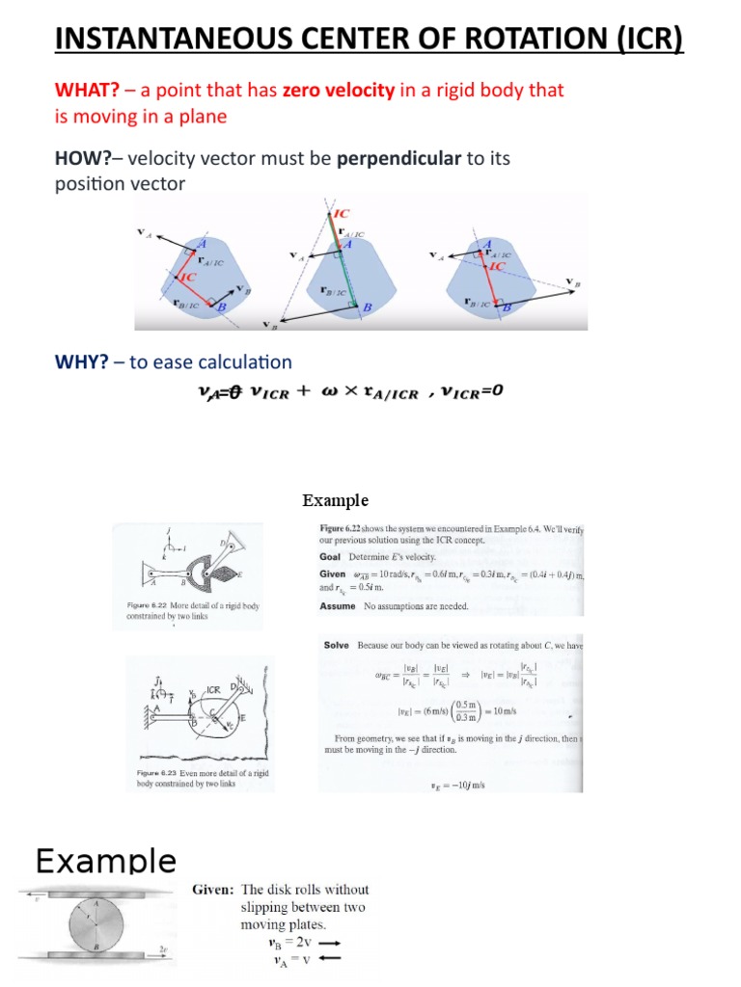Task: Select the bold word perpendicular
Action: click(399, 158)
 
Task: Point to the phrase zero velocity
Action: click(338, 91)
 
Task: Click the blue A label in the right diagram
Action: click(487, 244)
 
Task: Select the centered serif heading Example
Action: click(335, 500)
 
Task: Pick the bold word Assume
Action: click(339, 606)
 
